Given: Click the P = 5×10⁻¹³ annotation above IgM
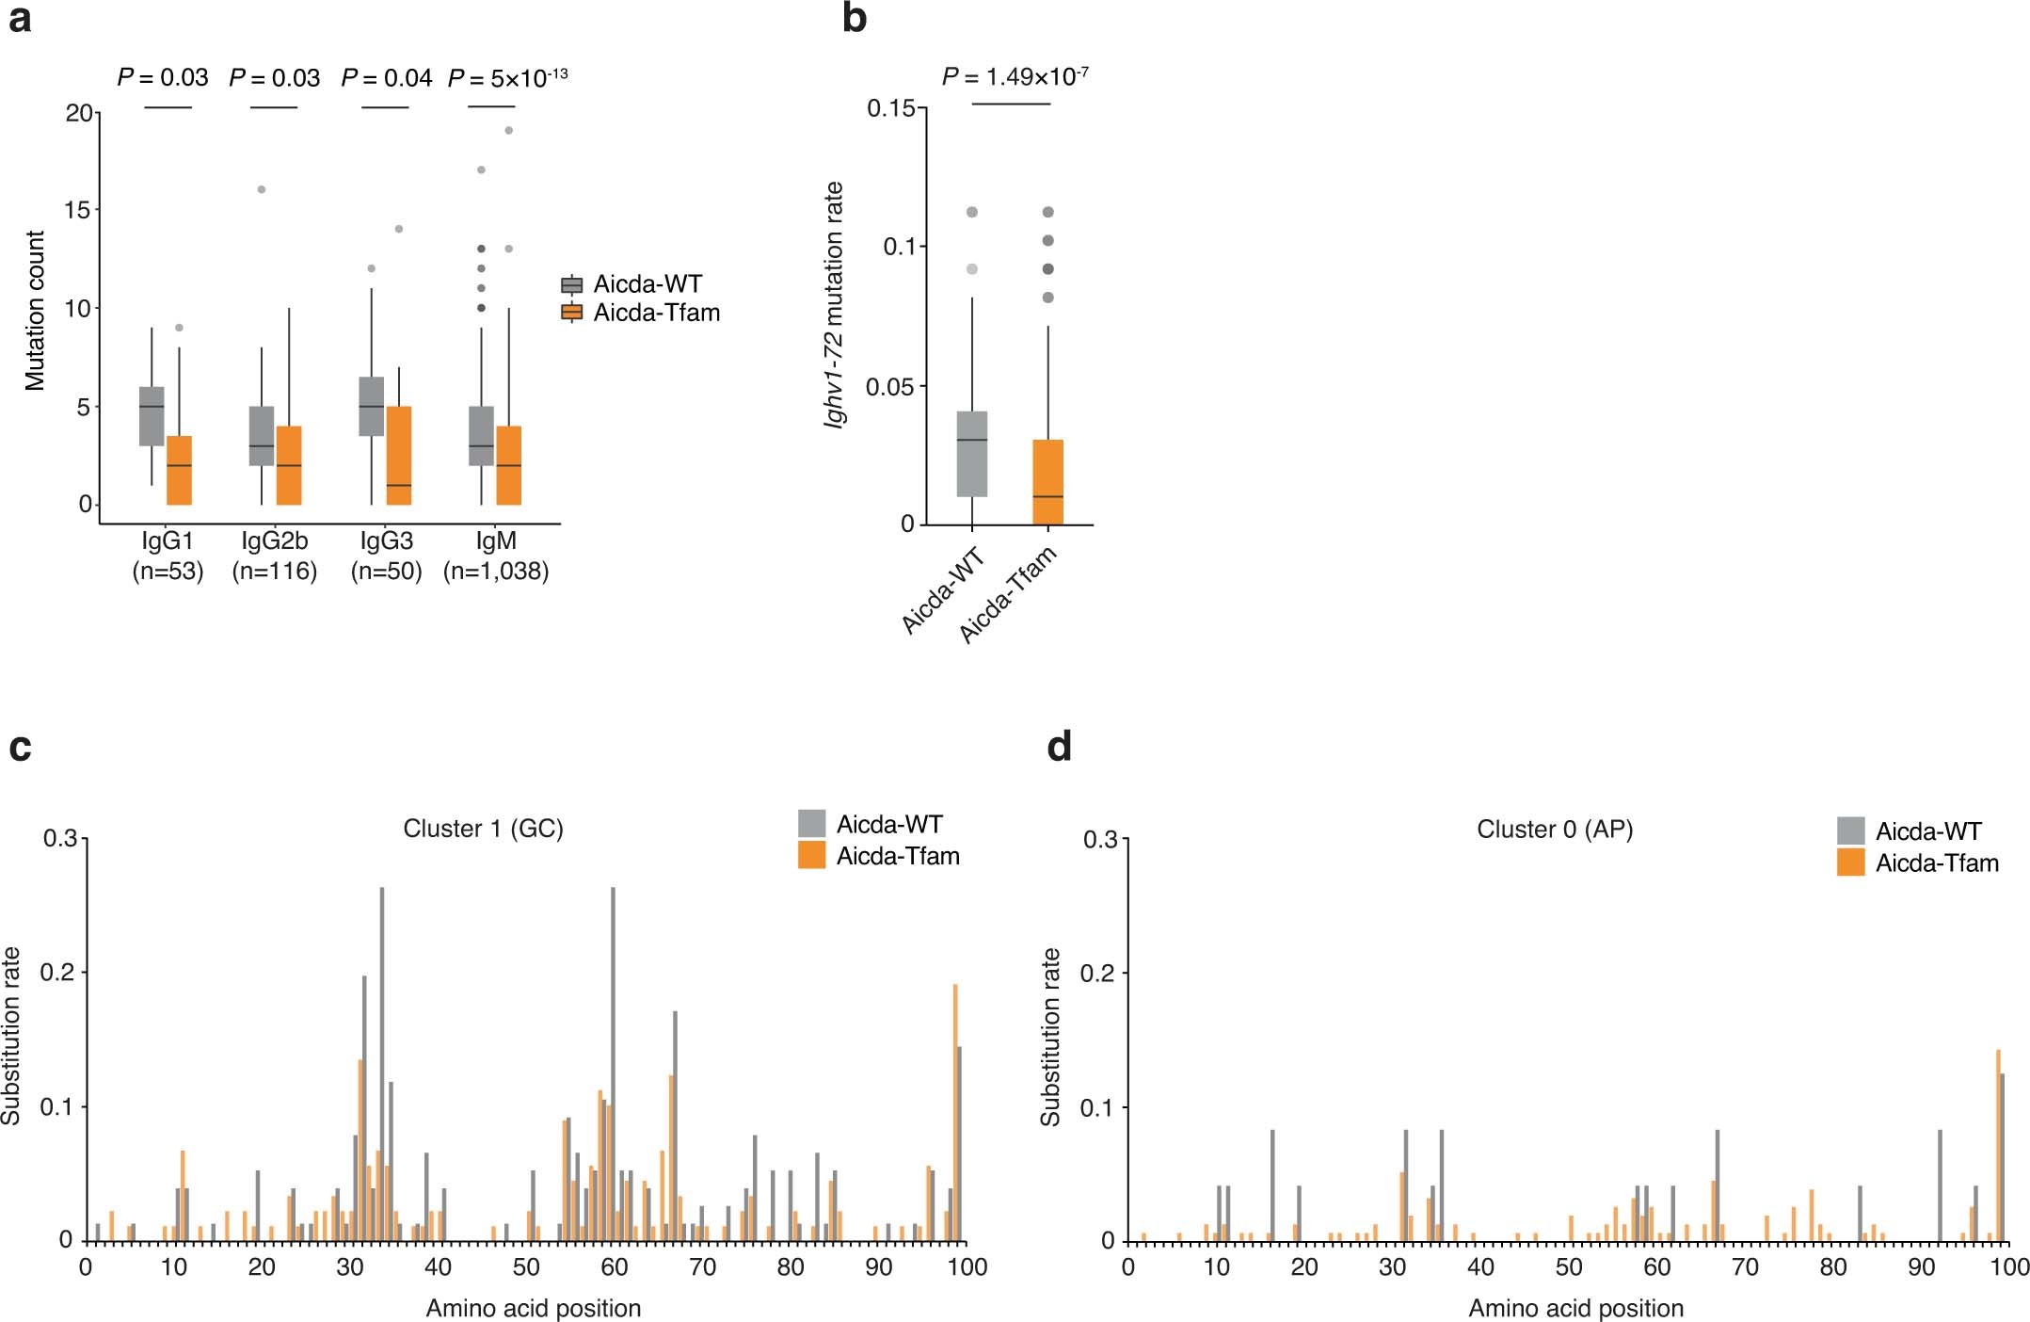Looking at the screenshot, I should pyautogui.click(x=507, y=78).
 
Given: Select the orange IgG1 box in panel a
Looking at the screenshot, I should pyautogui.click(x=179, y=470).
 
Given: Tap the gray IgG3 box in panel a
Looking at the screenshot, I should pyautogui.click(x=372, y=406).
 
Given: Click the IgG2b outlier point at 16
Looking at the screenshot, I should pyautogui.click(x=262, y=189).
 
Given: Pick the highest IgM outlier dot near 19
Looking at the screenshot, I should pyautogui.click(x=508, y=130).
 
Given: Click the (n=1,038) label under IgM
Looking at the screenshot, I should pyautogui.click(x=496, y=572).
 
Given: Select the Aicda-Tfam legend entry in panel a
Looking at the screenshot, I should pyautogui.click(x=655, y=313).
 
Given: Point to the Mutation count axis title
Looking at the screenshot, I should pyautogui.click(x=35, y=310).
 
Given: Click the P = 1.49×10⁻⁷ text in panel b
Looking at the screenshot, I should pyautogui.click(x=1015, y=76).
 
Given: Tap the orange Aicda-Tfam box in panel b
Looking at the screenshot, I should pyautogui.click(x=1047, y=481).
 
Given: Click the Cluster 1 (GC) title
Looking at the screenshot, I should pyautogui.click(x=483, y=829).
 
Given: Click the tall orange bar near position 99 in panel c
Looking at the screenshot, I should pyautogui.click(x=955, y=1111).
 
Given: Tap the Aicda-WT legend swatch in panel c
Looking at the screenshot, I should pyautogui.click(x=811, y=824).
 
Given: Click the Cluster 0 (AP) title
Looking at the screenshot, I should pyautogui.click(x=1554, y=830).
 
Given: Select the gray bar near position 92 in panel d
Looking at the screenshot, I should pyautogui.click(x=1941, y=1185).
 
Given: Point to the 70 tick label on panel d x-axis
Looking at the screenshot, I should pyautogui.click(x=1745, y=1266).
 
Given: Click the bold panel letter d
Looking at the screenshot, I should pyautogui.click(x=1059, y=747).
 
